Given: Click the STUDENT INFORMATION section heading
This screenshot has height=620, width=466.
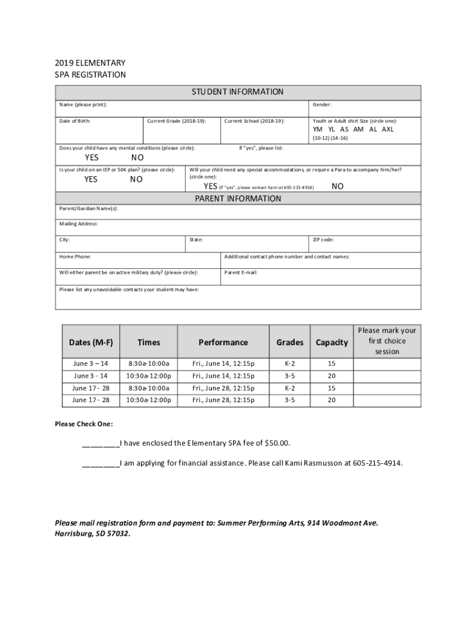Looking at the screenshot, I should point(237,92).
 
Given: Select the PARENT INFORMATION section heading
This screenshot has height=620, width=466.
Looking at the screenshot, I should point(237,199).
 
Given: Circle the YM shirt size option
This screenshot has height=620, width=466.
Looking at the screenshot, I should point(318,129).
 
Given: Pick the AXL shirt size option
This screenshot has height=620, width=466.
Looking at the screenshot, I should point(388,129).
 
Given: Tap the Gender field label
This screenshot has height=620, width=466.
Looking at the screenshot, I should point(322,105).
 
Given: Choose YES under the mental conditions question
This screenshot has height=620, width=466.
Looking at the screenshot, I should point(92,158).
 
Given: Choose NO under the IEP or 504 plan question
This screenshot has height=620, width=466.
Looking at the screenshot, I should point(137,179).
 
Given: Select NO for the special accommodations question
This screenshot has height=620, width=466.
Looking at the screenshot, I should point(338,186).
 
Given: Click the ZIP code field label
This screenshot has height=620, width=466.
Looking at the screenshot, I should point(323,240).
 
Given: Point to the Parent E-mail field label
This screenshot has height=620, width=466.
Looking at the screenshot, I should point(241,272).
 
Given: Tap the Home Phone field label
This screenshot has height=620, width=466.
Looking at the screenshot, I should point(75,257).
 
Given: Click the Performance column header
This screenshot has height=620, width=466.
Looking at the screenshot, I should point(223,343).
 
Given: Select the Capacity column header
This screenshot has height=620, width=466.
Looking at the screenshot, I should point(332,343).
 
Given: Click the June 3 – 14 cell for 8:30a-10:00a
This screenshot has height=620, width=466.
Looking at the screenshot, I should point(91,364).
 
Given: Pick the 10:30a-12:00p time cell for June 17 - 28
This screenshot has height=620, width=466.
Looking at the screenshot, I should point(148,400).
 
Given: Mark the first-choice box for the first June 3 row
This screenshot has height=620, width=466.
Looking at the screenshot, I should point(387,364).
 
